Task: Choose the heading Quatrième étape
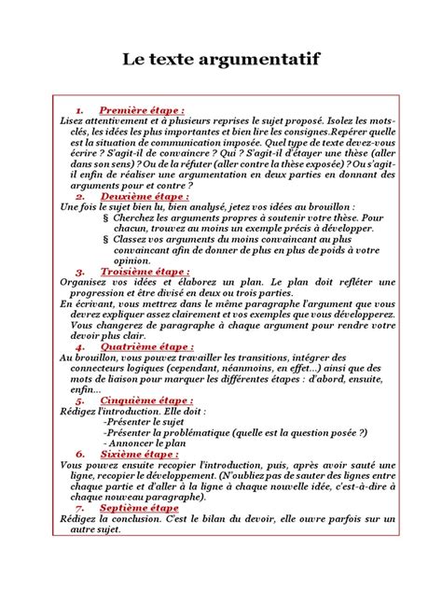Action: (x=141, y=345)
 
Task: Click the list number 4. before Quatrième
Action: (x=81, y=345)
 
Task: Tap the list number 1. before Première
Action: (x=81, y=109)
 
